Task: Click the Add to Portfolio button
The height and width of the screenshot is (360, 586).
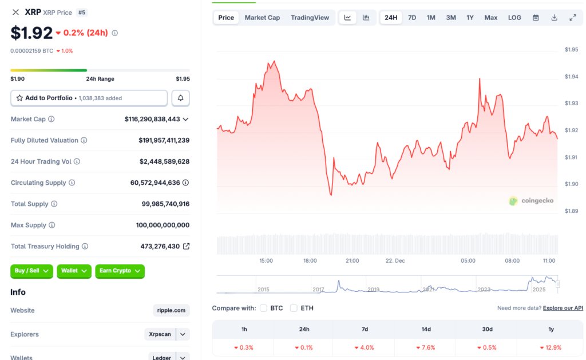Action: [89, 98]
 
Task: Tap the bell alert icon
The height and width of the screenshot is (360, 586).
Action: [180, 98]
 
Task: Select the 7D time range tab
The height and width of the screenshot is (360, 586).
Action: [412, 18]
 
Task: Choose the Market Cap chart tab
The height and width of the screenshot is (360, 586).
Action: [262, 18]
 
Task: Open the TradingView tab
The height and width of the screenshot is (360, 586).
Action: [310, 18]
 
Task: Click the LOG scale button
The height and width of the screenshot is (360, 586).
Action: [514, 18]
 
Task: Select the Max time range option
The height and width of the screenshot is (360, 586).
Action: [490, 18]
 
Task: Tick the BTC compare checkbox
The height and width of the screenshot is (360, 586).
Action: [264, 308]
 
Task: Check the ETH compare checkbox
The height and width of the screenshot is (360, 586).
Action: [294, 308]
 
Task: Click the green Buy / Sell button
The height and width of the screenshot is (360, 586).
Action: [31, 271]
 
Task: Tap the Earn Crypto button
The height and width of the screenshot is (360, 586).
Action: [120, 271]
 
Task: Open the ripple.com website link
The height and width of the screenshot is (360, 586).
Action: [171, 310]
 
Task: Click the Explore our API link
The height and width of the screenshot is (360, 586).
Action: [563, 308]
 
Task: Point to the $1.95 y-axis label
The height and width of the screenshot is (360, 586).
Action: [571, 50]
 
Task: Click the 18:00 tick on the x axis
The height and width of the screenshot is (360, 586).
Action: [310, 260]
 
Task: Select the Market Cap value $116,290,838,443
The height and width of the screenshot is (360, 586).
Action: [152, 119]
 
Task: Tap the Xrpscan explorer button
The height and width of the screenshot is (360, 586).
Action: [160, 334]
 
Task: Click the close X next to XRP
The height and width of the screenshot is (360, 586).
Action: [15, 12]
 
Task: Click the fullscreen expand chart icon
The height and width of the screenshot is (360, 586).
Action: [573, 18]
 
